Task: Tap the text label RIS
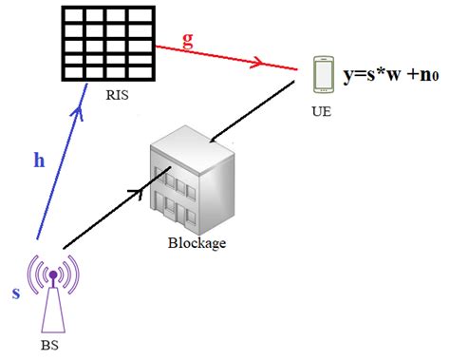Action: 112,95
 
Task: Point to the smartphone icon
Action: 323,77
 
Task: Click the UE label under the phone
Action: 322,110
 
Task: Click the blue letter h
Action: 39,161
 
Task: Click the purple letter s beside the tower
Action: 15,293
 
